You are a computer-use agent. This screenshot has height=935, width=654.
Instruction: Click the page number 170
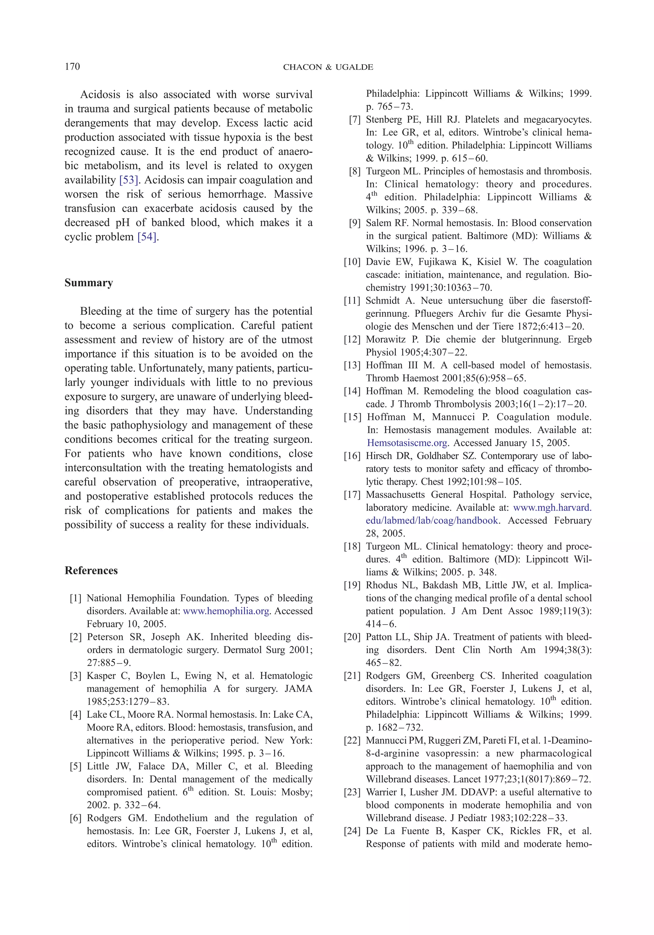[72, 67]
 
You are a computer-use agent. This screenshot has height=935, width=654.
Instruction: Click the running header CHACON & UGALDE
[328, 67]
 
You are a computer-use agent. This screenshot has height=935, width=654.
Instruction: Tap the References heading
[91, 570]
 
